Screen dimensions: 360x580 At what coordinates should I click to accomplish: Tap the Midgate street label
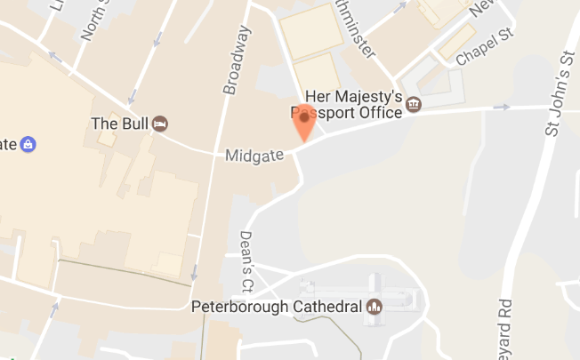click(254, 156)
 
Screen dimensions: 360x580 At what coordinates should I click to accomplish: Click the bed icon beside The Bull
click(160, 123)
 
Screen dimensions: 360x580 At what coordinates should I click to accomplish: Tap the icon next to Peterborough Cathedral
click(375, 308)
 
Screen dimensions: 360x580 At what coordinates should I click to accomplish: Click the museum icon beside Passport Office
click(414, 105)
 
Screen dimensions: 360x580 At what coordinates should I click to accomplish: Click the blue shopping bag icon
click(28, 142)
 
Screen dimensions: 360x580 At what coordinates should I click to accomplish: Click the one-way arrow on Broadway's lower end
click(193, 272)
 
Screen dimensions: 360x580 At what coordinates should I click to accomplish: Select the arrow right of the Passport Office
click(502, 108)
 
